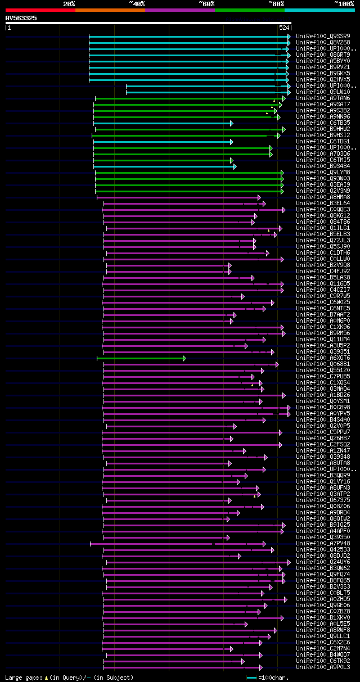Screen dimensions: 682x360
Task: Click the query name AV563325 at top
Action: coord(21,18)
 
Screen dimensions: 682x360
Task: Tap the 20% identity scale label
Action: coord(69,4)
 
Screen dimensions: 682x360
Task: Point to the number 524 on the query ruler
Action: coord(284,27)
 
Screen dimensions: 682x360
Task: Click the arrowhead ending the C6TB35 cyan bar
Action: coord(231,123)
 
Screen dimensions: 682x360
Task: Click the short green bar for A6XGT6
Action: coord(141,358)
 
